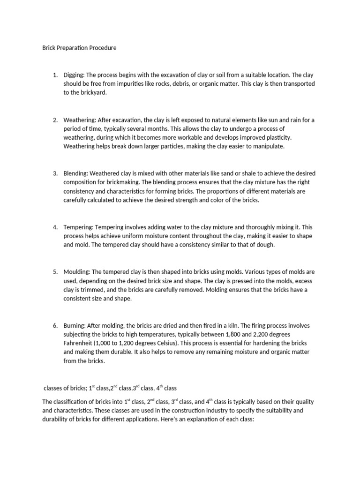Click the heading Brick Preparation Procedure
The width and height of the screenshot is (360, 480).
point(79,48)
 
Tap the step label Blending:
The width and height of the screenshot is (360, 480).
point(75,173)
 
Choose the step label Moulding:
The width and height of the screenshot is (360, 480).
point(77,272)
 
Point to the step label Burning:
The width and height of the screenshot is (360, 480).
point(75,325)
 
